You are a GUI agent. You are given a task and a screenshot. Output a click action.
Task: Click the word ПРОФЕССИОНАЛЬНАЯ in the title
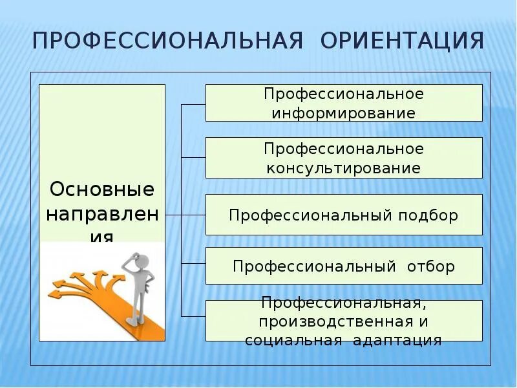[168, 40]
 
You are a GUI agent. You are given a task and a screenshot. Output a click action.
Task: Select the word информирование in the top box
[343, 113]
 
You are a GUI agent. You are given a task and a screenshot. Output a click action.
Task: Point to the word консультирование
[343, 169]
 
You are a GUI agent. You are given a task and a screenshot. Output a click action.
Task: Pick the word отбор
[431, 266]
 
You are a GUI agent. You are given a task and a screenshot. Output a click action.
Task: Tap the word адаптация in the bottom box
[397, 340]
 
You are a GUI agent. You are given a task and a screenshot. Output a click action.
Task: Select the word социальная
[293, 340]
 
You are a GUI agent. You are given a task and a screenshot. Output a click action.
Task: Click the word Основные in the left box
[102, 189]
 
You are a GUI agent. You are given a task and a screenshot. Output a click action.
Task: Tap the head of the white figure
[143, 261]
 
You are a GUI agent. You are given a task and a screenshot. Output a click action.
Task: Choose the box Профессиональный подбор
[344, 215]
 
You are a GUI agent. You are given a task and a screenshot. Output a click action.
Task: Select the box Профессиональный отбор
[344, 266]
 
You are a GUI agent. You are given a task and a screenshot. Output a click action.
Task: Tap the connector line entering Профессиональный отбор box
[193, 263]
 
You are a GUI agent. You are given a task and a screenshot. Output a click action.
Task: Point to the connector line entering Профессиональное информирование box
[193, 103]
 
